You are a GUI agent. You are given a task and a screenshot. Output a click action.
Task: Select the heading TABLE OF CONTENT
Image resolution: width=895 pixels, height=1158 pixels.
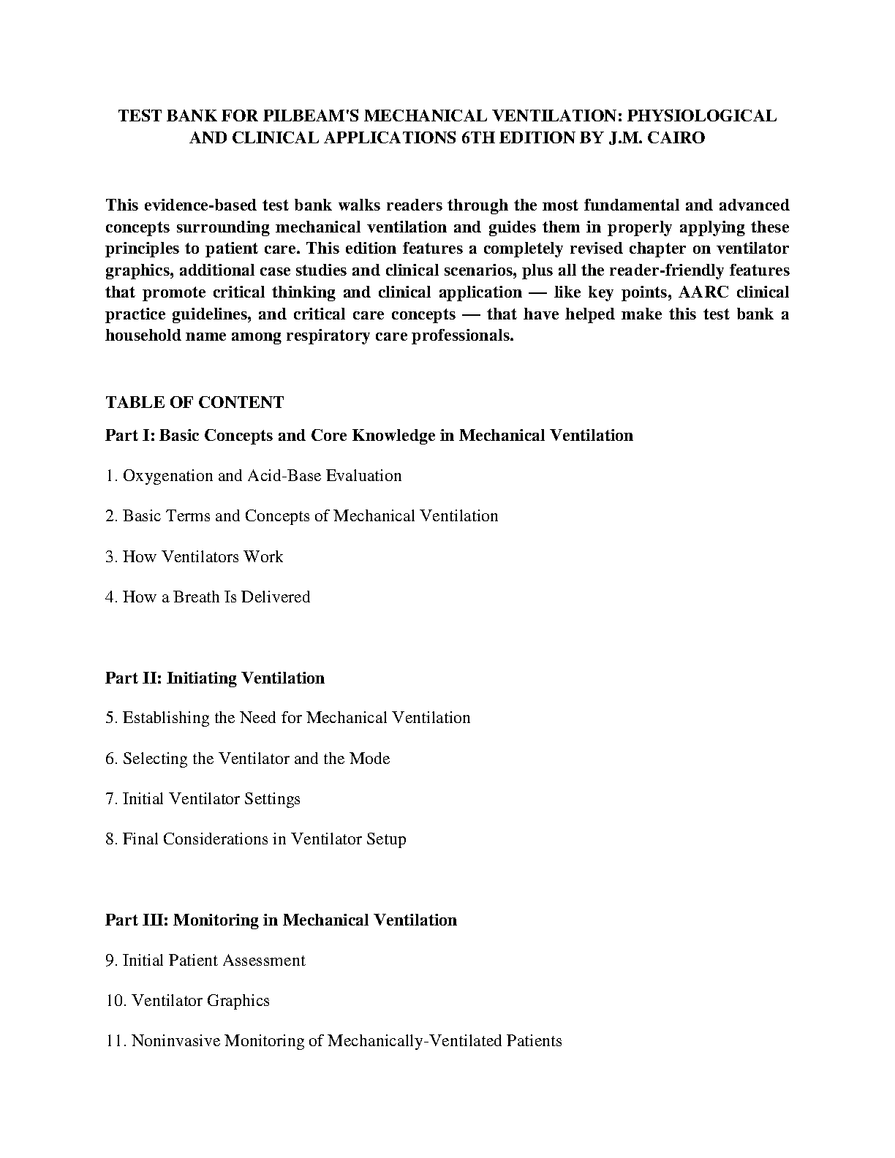[195, 403]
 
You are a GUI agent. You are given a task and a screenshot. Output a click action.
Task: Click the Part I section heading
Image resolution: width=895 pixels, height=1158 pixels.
[369, 436]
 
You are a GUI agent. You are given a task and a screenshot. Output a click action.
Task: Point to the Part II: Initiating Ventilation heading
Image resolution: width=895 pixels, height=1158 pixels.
[215, 678]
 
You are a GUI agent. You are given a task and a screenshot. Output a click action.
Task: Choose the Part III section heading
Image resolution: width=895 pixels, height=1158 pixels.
[281, 920]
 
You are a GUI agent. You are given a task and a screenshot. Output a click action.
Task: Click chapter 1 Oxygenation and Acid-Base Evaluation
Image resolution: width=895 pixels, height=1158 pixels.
[254, 476]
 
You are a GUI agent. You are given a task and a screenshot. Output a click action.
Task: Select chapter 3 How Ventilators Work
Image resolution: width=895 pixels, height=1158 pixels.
[195, 557]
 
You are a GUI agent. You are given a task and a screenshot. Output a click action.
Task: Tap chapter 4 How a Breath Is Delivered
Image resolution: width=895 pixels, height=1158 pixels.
[208, 597]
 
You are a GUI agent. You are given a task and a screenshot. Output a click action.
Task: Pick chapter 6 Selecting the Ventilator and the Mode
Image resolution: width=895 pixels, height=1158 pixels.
[248, 759]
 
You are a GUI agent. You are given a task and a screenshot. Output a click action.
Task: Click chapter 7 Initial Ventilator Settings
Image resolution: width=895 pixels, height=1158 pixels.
[203, 799]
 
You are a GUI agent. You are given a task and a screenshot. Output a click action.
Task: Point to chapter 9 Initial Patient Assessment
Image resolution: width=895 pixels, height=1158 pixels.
[205, 961]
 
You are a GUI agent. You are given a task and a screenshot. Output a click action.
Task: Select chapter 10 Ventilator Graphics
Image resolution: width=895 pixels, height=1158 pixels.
[188, 1001]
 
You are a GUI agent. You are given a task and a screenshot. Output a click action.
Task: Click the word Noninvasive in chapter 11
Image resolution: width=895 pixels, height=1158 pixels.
[175, 1041]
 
